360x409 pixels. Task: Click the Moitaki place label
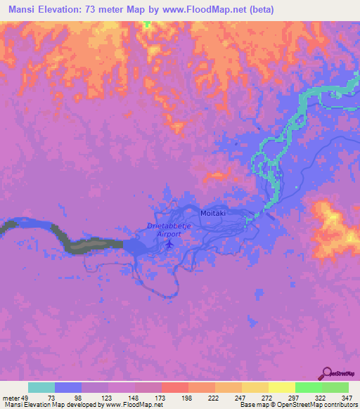(212, 213)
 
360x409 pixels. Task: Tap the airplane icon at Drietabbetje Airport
(169, 244)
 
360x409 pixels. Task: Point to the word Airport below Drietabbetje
(169, 234)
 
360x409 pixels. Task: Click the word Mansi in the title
(23, 10)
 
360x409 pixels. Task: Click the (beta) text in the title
(257, 10)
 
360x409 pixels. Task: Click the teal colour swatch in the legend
(41, 387)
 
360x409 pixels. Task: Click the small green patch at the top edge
(147, 25)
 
